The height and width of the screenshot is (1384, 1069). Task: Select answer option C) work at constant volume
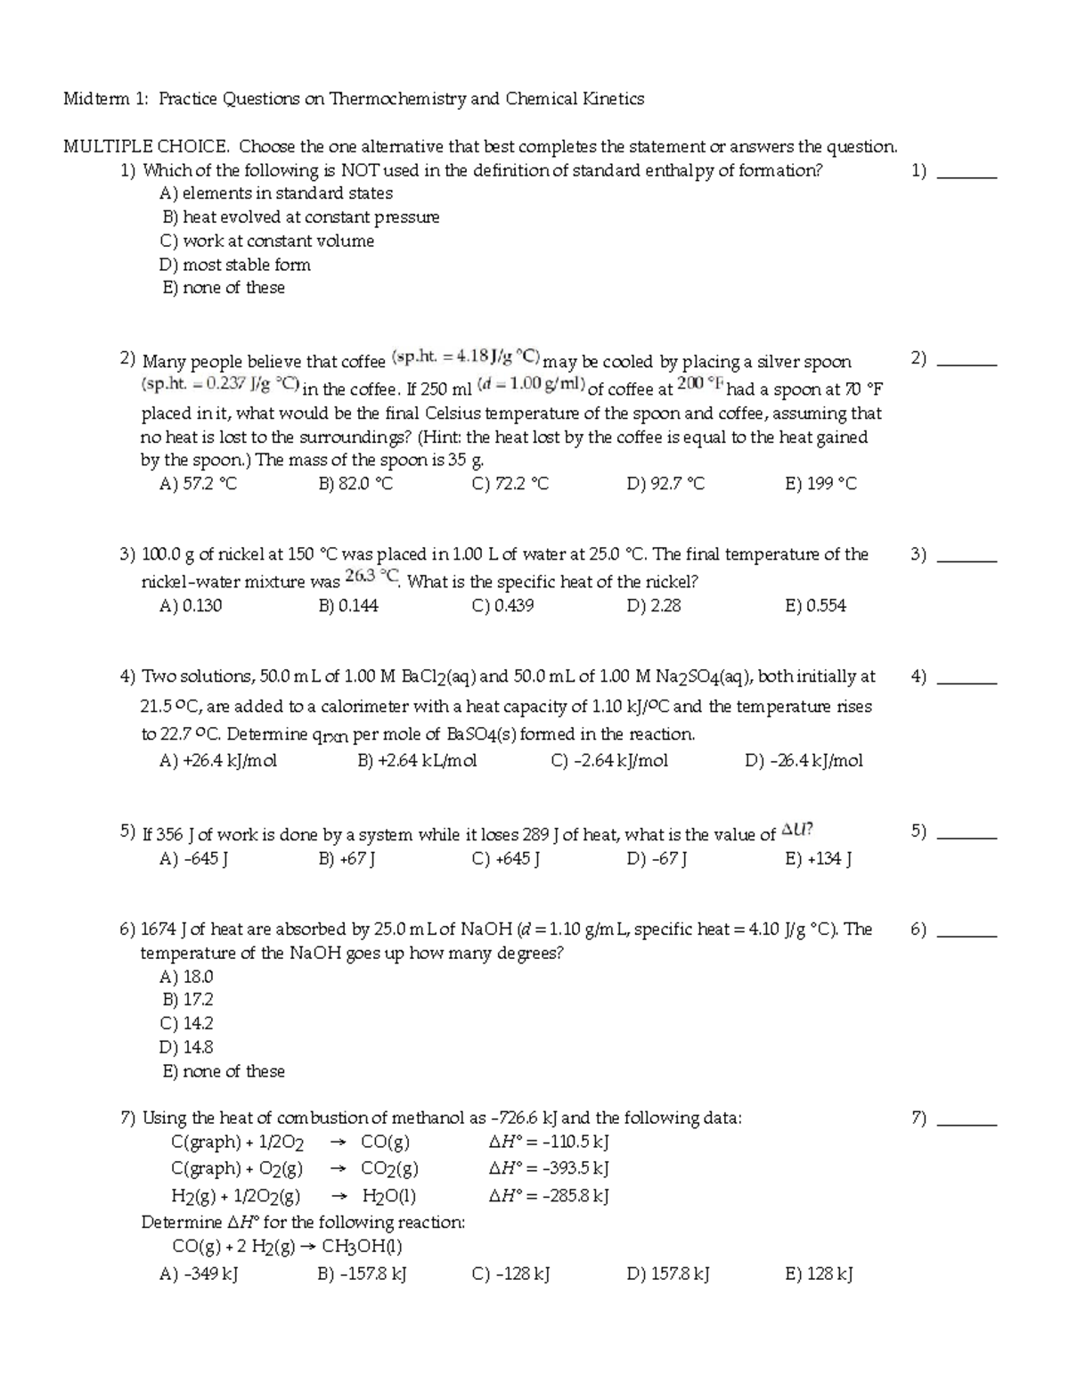coord(266,241)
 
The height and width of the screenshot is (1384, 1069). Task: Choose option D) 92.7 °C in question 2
coord(665,484)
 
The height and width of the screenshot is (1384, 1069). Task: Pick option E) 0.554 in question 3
coord(815,606)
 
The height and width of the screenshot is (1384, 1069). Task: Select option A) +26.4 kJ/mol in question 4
coord(218,761)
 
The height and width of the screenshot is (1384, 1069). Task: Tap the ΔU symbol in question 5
coord(796,831)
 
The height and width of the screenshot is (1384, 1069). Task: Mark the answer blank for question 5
coord(968,836)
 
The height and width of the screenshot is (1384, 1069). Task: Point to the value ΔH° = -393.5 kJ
coord(549,1168)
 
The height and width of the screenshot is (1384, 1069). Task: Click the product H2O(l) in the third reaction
coord(389,1196)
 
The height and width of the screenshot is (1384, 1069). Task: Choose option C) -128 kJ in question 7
coord(510,1274)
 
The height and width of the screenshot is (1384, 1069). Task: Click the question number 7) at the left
coord(127,1118)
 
